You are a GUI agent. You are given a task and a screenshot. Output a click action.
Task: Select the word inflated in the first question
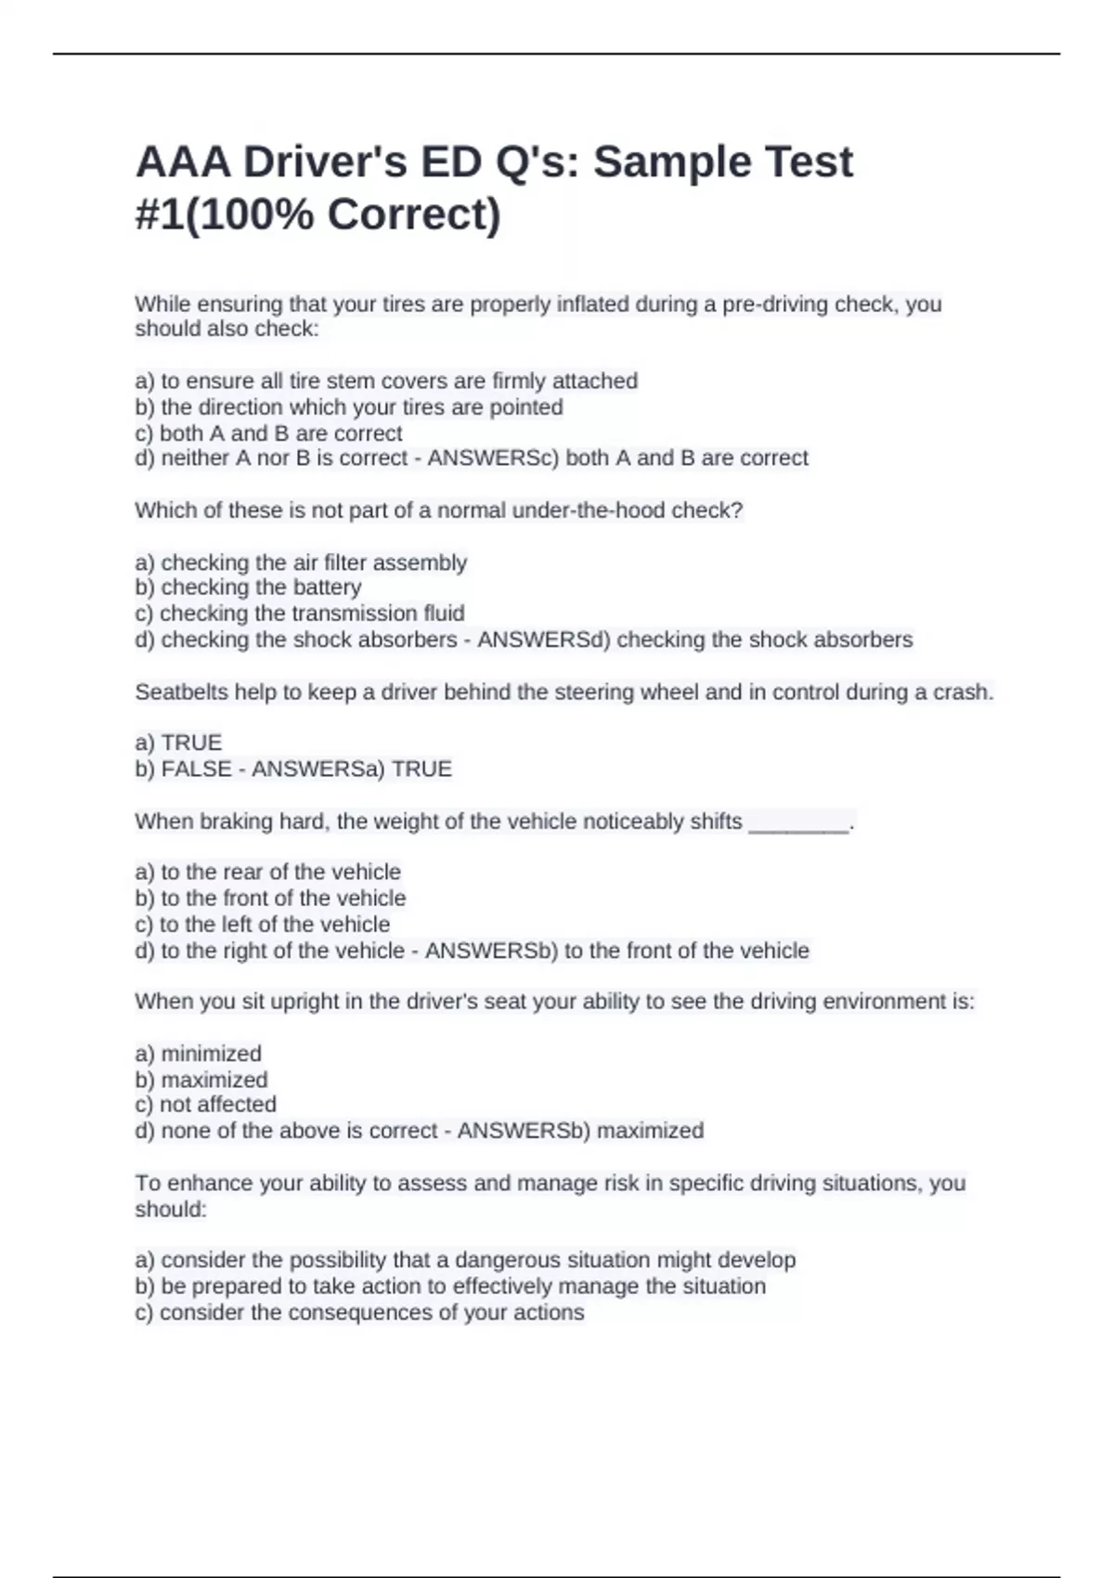point(593,304)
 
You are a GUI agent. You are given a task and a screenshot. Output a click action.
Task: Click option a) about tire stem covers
point(386,381)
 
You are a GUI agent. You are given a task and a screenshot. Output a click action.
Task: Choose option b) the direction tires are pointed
point(349,407)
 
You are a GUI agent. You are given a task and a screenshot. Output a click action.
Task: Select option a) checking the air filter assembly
point(301,563)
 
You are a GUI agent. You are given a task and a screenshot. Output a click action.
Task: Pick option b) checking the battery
point(248,588)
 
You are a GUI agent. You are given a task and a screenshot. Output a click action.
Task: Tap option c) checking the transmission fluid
point(300,614)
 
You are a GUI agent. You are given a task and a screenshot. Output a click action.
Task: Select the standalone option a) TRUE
point(178,743)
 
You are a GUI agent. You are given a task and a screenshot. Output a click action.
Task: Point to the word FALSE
point(197,770)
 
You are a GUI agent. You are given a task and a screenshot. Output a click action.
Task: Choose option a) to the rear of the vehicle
point(267,873)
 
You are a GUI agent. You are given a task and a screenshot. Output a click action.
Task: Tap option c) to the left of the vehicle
point(262,925)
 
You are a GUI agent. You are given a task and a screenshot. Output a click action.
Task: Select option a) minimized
point(198,1054)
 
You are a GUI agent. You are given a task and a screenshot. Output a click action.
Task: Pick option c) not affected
point(205,1105)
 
